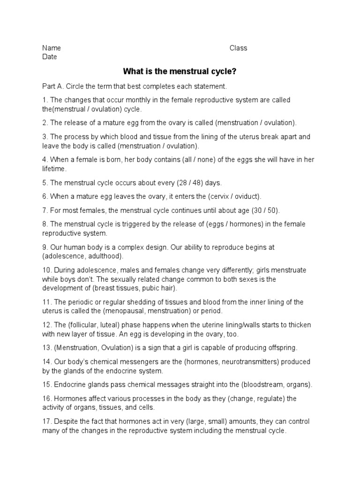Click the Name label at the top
(x=52, y=48)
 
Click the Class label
(x=238, y=48)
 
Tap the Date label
(x=49, y=57)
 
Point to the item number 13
(x=47, y=348)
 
